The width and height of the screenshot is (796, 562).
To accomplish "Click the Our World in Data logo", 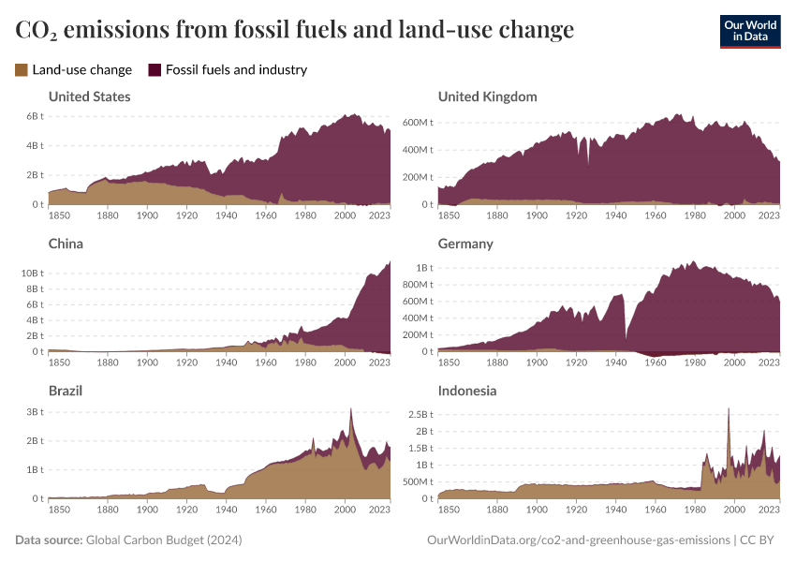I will [x=749, y=31].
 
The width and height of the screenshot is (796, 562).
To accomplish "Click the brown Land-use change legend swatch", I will [x=22, y=69].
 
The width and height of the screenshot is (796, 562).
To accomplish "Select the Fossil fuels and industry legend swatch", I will [x=155, y=69].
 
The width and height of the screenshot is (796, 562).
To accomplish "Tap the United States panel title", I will [x=89, y=96].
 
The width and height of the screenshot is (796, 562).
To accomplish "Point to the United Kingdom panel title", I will [x=487, y=96].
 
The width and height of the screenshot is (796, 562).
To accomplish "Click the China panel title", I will [x=66, y=244].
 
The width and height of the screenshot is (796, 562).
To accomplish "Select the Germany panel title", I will [x=466, y=244].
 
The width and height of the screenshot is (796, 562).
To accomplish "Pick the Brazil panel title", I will [x=66, y=391].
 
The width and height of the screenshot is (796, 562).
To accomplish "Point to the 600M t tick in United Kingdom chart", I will [x=416, y=123].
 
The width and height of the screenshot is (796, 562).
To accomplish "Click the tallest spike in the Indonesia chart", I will [x=729, y=409].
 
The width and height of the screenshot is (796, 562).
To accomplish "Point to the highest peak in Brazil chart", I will [x=350, y=409].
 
